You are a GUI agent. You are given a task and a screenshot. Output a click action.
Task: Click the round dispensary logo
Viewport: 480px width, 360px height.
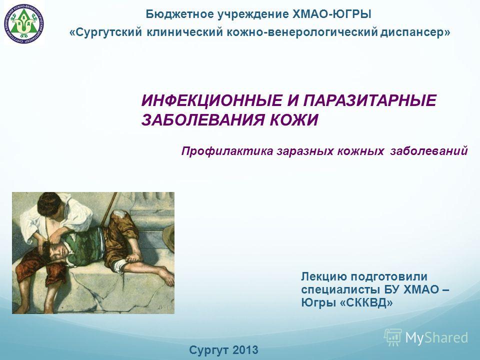(24, 23)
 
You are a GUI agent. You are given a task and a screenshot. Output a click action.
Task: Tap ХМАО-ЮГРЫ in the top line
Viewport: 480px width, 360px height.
(332, 14)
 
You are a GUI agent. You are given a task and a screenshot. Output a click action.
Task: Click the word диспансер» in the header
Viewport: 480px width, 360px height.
(415, 32)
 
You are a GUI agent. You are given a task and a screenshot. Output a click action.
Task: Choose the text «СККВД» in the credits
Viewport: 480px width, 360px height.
(366, 303)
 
